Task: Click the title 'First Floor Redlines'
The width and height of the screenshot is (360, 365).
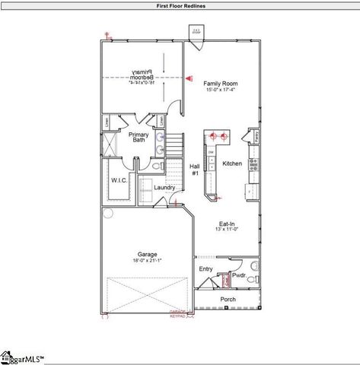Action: (180, 5)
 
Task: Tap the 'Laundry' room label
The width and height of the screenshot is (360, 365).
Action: (164, 187)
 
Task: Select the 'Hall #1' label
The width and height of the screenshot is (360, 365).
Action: (194, 169)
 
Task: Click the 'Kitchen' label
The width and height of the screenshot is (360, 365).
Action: (231, 163)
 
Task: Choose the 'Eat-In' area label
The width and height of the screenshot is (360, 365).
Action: (227, 224)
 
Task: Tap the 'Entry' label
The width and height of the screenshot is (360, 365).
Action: (205, 268)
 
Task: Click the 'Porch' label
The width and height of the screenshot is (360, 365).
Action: (228, 299)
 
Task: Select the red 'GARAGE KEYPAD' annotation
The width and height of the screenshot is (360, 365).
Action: (177, 313)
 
